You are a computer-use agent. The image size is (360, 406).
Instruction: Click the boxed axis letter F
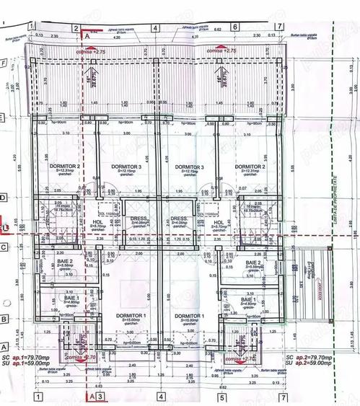coord(4,63)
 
